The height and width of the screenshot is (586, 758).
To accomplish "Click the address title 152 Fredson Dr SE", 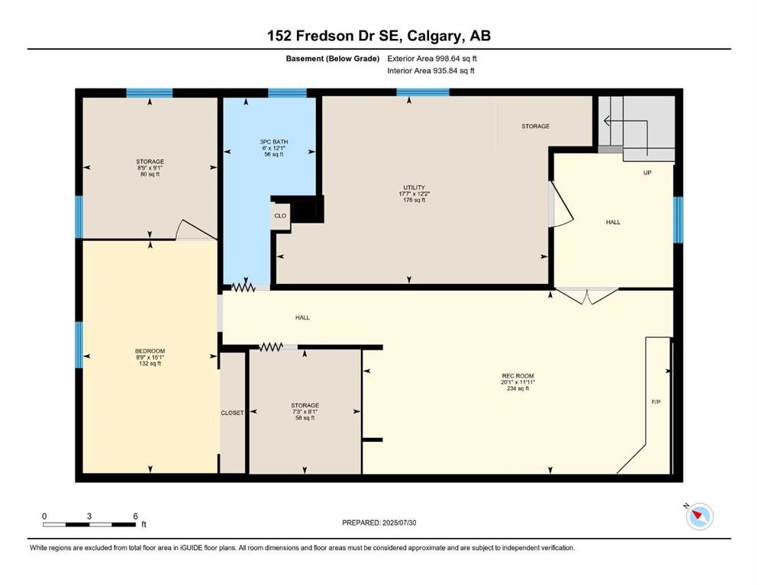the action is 334,36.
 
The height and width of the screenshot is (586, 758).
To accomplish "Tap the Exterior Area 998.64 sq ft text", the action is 432,59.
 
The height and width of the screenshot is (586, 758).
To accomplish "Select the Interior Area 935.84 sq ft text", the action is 431,70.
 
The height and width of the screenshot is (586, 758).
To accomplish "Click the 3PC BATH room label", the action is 273,142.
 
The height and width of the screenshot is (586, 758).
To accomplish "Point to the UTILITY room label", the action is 414,188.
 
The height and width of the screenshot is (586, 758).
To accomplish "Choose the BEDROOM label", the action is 150,351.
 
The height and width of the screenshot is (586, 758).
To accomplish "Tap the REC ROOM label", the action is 518,376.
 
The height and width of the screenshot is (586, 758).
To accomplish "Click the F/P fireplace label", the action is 656,402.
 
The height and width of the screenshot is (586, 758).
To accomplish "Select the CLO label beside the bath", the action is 280,216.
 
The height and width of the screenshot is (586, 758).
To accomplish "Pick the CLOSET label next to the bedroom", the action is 233,413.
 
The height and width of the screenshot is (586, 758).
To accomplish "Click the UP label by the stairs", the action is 647,172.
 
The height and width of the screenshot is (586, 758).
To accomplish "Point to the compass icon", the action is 699,516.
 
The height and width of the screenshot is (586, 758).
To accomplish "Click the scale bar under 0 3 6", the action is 89,524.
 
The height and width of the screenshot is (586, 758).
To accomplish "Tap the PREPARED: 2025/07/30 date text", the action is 379,523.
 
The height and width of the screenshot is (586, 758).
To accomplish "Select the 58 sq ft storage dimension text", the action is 305,418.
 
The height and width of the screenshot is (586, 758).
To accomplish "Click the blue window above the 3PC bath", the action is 287,93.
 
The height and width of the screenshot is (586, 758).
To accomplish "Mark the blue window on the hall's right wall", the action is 679,220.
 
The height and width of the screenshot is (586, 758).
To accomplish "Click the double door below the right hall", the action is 586,296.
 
